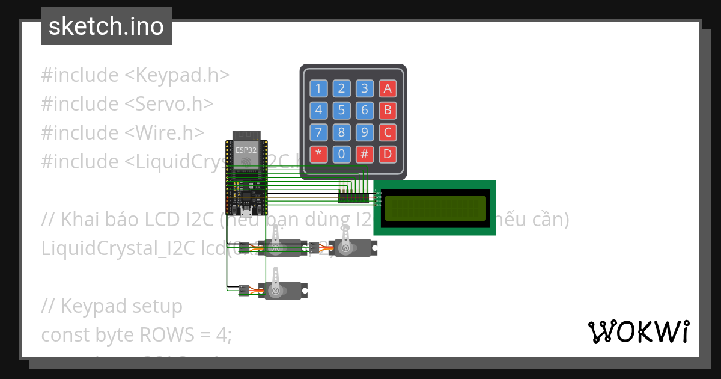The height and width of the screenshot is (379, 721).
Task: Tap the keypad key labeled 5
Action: pos(341,110)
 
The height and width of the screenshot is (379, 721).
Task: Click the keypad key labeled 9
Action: pos(364,132)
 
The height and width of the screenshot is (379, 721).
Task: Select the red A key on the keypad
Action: pos(388,88)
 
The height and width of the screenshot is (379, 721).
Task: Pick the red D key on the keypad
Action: pos(388,154)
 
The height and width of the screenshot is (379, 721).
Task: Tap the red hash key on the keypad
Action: pos(364,154)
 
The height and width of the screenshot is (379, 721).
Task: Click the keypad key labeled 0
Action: pos(341,154)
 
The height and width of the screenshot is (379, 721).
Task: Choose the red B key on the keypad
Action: pos(388,110)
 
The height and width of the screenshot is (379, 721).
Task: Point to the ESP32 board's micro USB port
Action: pos(246,212)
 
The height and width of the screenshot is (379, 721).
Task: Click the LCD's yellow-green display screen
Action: pos(434,208)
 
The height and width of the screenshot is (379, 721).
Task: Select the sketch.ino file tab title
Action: pos(106,26)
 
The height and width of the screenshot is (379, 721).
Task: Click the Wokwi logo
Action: pos(638,331)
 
